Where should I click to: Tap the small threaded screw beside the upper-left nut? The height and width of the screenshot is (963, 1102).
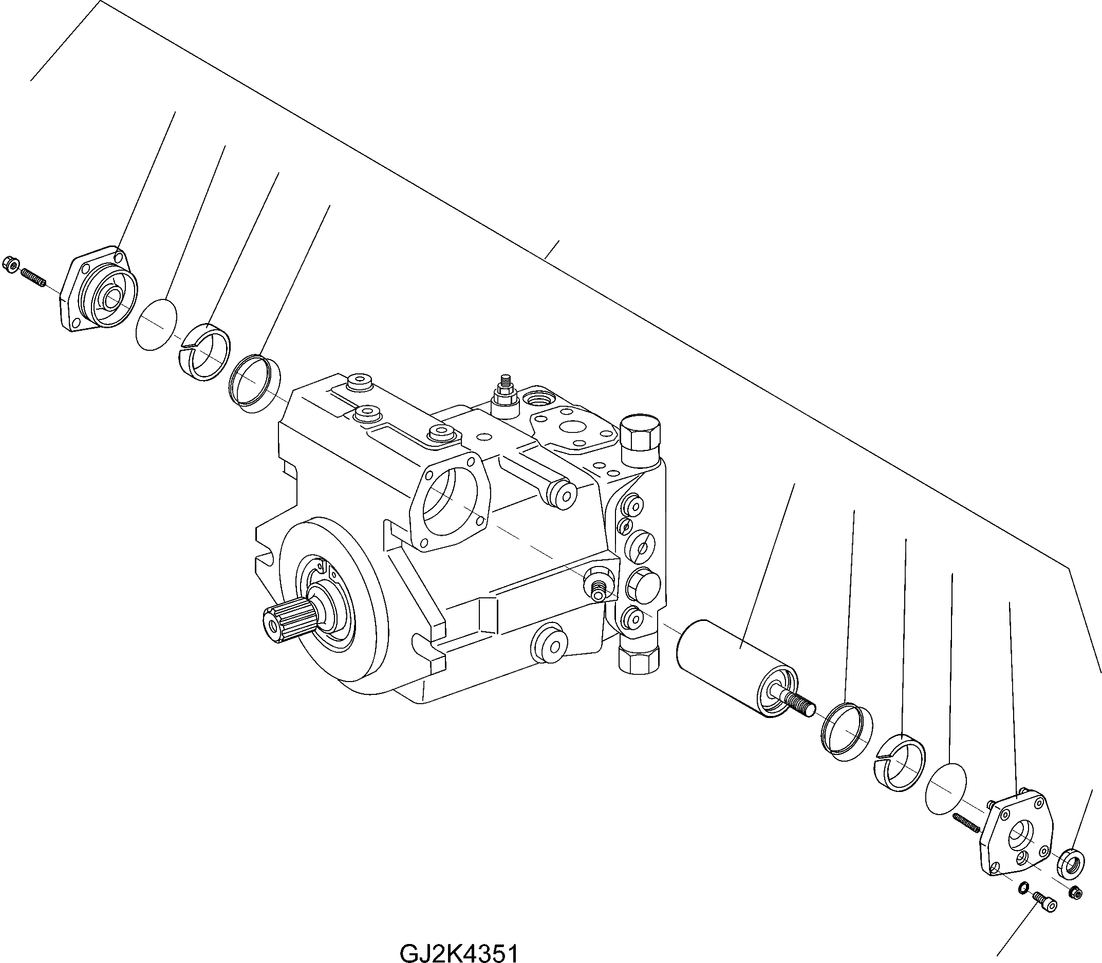click(x=33, y=279)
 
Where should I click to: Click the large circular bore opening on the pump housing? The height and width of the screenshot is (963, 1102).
click(x=450, y=501)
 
